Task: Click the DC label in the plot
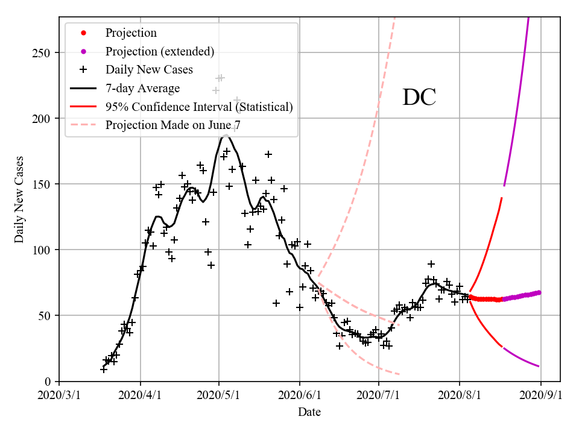coord(419,98)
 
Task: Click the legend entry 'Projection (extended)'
coord(160,51)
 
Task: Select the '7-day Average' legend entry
coord(142,89)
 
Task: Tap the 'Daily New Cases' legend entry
coord(149,70)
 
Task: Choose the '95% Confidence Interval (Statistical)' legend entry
coord(199,107)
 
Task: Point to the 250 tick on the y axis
coord(44,53)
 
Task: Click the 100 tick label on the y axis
coord(44,250)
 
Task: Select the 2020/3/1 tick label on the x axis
coord(59,395)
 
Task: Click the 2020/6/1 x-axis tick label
coord(300,395)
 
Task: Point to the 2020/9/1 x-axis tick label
coord(540,395)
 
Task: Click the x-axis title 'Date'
coord(309,413)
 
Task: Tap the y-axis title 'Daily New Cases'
coord(20,200)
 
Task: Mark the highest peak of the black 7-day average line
coord(224,136)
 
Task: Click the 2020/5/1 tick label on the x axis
coord(220,395)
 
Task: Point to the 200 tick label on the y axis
coord(44,119)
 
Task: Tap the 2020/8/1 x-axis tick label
coord(460,395)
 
